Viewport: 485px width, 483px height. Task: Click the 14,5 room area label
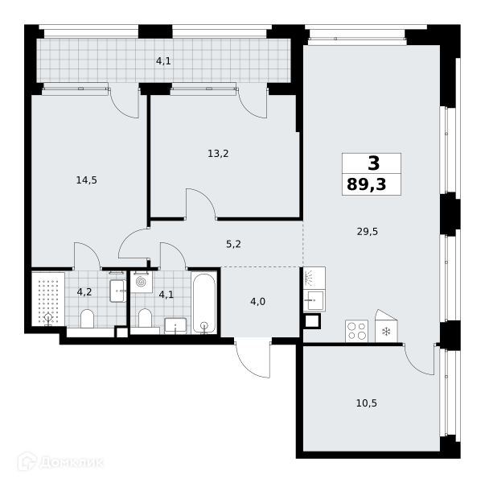[x=87, y=180]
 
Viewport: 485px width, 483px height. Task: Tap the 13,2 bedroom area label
[x=218, y=153]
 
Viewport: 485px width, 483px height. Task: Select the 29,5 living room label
[x=368, y=231]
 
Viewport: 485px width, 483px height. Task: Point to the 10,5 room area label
[x=367, y=403]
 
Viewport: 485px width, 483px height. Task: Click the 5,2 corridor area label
[x=233, y=244]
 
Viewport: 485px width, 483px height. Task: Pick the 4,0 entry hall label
[x=257, y=301]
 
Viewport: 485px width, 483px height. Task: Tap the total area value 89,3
[x=367, y=184]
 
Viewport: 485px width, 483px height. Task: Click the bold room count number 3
[x=374, y=163]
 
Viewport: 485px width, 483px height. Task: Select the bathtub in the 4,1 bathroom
[x=203, y=303]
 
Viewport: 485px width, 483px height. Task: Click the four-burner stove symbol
[x=356, y=331]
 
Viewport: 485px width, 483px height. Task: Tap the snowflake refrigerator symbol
[x=386, y=332]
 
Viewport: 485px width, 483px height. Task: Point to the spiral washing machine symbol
[x=142, y=282]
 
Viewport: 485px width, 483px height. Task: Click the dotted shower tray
[x=48, y=299]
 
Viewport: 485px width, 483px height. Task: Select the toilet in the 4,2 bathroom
[x=87, y=318]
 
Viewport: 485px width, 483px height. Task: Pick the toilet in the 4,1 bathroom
[x=145, y=318]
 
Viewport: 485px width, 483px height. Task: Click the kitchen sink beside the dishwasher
[x=314, y=300]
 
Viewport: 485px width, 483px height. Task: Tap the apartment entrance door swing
[x=253, y=359]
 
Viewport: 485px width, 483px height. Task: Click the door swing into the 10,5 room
[x=420, y=359]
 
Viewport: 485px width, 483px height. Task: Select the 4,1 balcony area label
[x=163, y=61]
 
